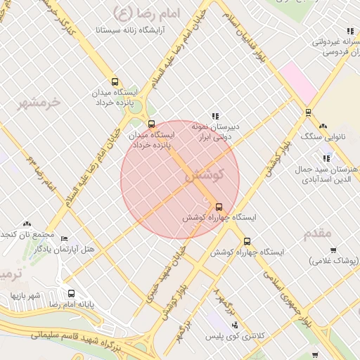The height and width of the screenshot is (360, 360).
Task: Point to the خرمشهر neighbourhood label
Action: [x=39, y=102]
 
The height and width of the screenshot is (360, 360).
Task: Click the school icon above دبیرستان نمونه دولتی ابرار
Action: [x=215, y=116]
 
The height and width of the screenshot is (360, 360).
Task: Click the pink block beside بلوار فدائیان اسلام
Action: [x=300, y=84]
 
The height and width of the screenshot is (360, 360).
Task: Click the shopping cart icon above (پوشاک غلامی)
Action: [x=333, y=250]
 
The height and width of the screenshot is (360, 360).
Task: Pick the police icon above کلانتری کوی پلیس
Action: [x=234, y=325]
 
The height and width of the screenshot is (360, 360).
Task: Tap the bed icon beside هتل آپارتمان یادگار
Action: [x=65, y=238]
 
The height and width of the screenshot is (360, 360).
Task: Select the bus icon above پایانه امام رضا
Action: [x=71, y=293]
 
